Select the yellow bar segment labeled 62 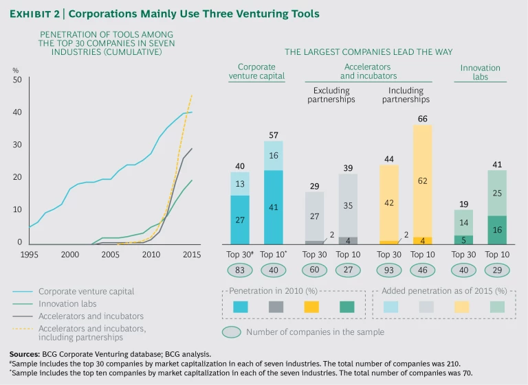(x=422, y=180)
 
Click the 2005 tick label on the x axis (x=107, y=254)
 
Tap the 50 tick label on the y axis (x=17, y=80)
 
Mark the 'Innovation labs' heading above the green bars (x=480, y=72)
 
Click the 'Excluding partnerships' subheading (x=331, y=95)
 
